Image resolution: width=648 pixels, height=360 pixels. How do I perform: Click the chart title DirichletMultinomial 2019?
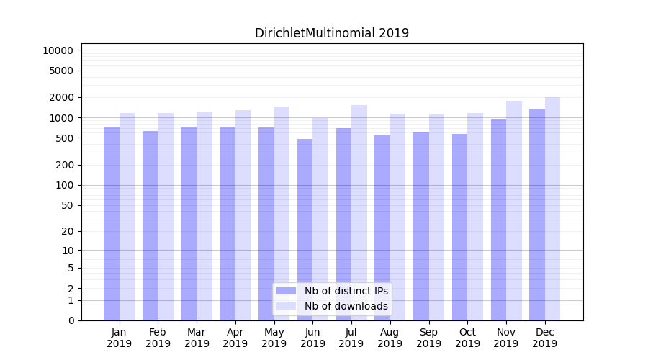click(x=331, y=33)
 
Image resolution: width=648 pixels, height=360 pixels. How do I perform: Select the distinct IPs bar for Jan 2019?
click(x=112, y=223)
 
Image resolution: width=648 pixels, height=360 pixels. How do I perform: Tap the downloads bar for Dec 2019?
click(x=552, y=209)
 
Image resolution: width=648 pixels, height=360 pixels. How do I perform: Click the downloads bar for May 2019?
click(x=282, y=213)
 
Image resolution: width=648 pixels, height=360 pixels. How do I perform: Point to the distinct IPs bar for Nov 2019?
click(x=498, y=220)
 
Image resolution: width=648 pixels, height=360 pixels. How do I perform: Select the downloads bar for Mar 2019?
click(x=204, y=216)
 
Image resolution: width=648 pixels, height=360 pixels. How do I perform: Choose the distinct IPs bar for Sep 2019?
click(x=421, y=225)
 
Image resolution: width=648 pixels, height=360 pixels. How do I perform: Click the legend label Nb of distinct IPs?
click(x=346, y=291)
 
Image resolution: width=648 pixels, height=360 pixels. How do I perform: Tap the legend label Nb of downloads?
click(x=346, y=306)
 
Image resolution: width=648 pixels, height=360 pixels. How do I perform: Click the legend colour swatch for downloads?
click(x=286, y=306)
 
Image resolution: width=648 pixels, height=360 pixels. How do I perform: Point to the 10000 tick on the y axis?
click(x=58, y=50)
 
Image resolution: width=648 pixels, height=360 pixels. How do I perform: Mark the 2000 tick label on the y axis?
click(x=60, y=97)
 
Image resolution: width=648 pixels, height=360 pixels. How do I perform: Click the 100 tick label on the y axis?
click(x=63, y=185)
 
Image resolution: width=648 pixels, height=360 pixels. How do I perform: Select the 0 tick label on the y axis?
click(x=71, y=320)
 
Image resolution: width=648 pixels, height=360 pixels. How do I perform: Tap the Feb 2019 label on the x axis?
click(x=158, y=338)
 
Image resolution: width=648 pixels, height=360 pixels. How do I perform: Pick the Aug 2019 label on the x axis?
click(x=390, y=338)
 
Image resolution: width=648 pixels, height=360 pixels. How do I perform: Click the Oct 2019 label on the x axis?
click(x=467, y=338)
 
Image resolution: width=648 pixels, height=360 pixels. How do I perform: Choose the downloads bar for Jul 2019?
click(x=359, y=212)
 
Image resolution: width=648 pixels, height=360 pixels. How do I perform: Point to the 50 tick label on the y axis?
click(x=66, y=205)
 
